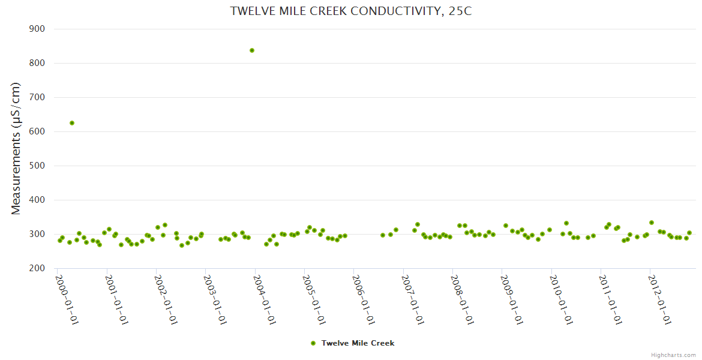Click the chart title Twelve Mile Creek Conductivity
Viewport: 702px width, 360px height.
(x=351, y=11)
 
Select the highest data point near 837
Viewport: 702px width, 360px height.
(x=252, y=50)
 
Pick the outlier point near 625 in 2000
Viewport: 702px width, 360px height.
(x=72, y=123)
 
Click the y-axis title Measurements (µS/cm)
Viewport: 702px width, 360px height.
(x=16, y=148)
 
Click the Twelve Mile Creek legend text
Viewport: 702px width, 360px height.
(x=358, y=343)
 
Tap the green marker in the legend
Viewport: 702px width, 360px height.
(x=313, y=343)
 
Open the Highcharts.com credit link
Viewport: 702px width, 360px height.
(x=673, y=355)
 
